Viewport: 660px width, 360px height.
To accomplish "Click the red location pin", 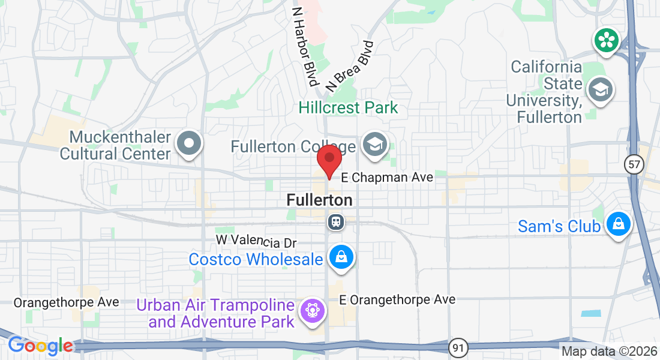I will point(329,160).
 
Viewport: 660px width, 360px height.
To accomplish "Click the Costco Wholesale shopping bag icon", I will point(341,258).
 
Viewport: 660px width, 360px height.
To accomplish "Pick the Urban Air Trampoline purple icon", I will point(312,311).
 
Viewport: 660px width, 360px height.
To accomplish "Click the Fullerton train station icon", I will point(337,223).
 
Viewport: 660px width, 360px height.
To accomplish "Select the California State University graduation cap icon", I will point(600,89).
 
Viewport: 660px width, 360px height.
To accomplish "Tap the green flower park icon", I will point(606,40).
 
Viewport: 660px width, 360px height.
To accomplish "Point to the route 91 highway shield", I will point(458,347).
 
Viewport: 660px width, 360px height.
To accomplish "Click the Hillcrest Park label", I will point(348,108).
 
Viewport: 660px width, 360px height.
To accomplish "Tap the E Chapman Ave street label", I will point(387,178).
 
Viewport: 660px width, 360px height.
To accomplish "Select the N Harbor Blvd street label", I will point(305,46).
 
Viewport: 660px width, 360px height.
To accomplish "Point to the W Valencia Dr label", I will point(256,241).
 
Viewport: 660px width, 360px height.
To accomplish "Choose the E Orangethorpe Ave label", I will point(397,299).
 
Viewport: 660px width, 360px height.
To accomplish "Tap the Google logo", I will point(40,346).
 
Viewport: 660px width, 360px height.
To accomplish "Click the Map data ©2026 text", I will point(609,351).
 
